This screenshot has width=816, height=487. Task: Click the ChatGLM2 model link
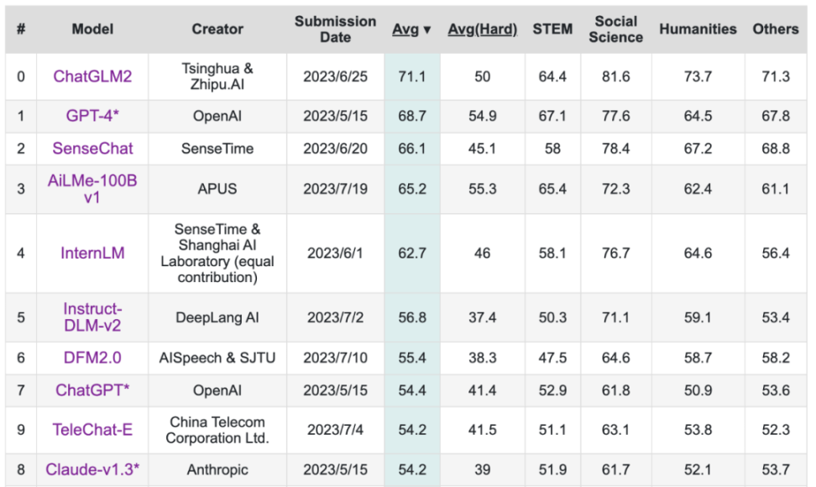[x=92, y=76]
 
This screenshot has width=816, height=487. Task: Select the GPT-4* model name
[x=92, y=116]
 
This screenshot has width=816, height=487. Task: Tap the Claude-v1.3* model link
[x=92, y=469]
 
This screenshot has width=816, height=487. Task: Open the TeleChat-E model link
[x=92, y=430]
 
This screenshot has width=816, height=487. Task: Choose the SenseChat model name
[x=92, y=149]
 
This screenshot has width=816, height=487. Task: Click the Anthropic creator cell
[x=217, y=469]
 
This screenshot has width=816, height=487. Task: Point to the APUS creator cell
[x=217, y=189]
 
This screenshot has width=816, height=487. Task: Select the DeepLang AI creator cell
[x=217, y=317]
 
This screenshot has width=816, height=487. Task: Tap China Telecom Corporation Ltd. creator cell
[x=217, y=430]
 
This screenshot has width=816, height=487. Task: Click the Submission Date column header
[x=335, y=29]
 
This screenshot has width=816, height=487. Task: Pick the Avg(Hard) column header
[x=482, y=29]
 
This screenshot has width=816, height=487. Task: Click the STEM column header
[x=552, y=29]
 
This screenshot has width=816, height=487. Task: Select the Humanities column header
[x=698, y=29]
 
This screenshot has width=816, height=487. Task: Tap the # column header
[x=21, y=29]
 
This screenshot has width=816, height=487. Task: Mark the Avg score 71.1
[x=412, y=76]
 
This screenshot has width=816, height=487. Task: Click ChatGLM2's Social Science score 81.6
[x=615, y=76]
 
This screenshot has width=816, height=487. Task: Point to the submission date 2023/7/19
[x=335, y=189]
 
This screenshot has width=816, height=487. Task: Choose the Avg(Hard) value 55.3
[x=482, y=189]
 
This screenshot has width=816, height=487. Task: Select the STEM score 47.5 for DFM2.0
[x=552, y=358]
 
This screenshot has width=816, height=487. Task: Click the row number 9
[x=21, y=430]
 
